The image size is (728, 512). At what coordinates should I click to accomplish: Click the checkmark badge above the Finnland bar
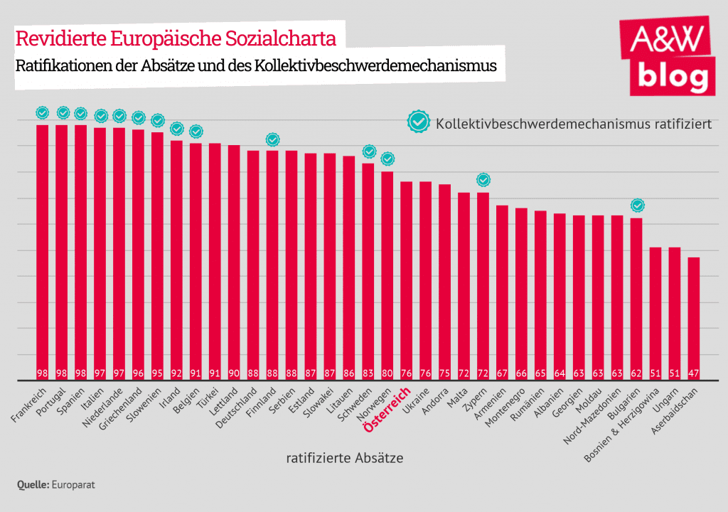click(272, 139)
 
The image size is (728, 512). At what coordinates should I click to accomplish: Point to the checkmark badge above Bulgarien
click(638, 206)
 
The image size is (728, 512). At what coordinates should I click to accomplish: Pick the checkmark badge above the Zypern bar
click(483, 180)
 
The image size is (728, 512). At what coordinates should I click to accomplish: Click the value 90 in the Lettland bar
click(234, 373)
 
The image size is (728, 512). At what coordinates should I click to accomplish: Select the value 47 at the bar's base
click(694, 373)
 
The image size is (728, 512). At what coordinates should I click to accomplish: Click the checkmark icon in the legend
click(419, 122)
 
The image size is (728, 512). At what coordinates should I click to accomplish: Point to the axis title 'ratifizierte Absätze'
click(345, 459)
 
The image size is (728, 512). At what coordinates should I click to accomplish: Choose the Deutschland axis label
click(242, 410)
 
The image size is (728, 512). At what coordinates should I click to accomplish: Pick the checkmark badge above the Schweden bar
click(369, 151)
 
